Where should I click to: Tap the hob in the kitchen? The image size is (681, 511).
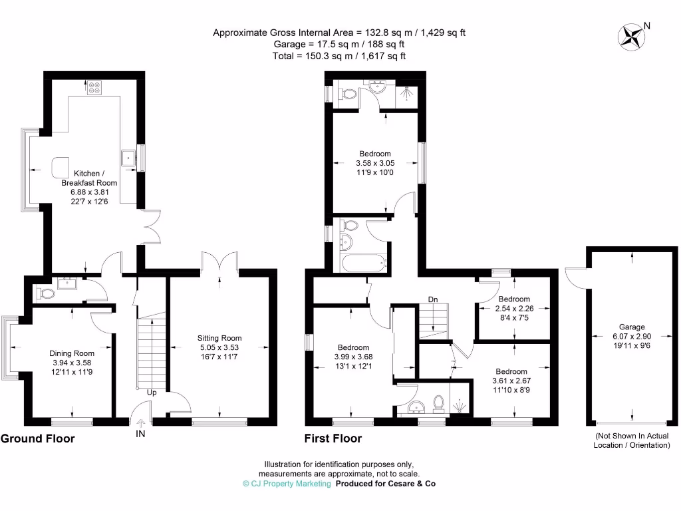(x=93, y=87)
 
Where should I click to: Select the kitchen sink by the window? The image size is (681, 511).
(x=127, y=158)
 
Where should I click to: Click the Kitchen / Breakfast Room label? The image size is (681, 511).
(x=89, y=177)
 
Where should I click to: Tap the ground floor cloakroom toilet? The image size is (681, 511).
(x=47, y=293)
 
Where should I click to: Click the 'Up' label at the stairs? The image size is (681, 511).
(x=152, y=393)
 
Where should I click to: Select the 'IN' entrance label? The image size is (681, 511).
(x=140, y=434)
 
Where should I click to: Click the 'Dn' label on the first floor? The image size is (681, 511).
(x=433, y=299)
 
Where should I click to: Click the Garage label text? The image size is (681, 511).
(x=632, y=327)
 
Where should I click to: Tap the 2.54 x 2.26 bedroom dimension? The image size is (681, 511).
(x=513, y=308)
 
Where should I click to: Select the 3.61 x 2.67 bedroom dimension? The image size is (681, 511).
(x=511, y=381)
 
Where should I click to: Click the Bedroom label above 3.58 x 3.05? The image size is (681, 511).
(x=375, y=154)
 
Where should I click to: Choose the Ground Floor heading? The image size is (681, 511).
(x=37, y=438)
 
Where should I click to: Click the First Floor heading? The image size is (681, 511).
(x=333, y=438)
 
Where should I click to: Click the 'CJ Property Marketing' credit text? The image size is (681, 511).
(x=287, y=484)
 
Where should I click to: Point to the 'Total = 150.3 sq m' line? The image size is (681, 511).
(x=339, y=57)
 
